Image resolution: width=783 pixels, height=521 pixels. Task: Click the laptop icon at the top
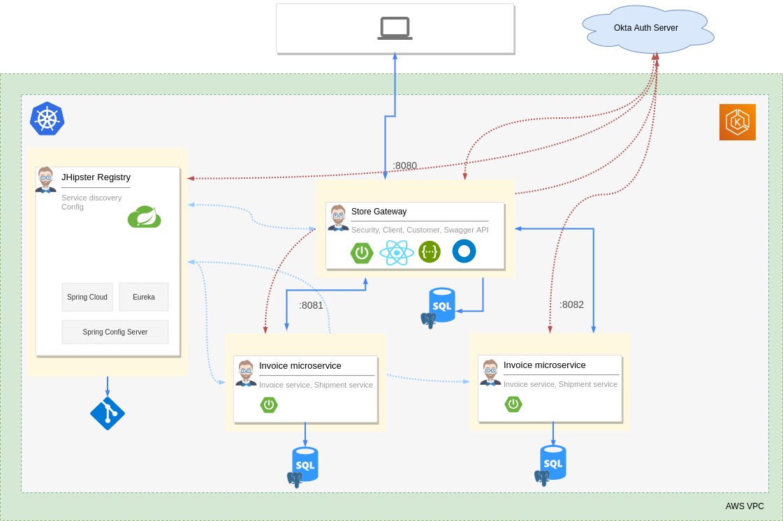[x=395, y=28]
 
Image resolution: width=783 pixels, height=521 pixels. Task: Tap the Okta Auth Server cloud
[x=646, y=28]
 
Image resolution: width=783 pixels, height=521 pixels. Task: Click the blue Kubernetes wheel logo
[x=47, y=119]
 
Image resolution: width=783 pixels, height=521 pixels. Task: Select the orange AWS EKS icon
[x=737, y=122]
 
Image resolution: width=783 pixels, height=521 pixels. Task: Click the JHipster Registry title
[x=96, y=177]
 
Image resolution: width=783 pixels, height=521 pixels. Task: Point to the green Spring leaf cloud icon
[x=144, y=217]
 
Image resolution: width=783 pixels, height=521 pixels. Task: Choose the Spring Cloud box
[x=87, y=297]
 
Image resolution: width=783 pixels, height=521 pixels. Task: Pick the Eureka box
[x=144, y=297]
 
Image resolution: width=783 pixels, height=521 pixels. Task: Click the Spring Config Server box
[x=115, y=332]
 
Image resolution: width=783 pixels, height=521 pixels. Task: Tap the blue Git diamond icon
[x=108, y=413]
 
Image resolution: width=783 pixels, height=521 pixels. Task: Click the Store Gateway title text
[x=379, y=212]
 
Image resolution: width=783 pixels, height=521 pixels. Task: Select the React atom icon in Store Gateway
[x=396, y=252]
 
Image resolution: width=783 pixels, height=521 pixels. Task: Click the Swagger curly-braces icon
[x=430, y=252]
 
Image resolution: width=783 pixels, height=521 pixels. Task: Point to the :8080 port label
[x=404, y=166]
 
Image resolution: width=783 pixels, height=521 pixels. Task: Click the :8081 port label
[x=311, y=305]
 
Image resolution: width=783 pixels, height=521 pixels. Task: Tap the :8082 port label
[x=571, y=304]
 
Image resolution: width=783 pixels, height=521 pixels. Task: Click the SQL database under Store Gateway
[x=441, y=306]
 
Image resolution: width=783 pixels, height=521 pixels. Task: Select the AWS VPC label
[x=745, y=506]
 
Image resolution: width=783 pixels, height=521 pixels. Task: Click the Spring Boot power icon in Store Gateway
[x=362, y=252]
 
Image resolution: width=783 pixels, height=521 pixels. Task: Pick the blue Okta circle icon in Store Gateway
[x=464, y=251]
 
